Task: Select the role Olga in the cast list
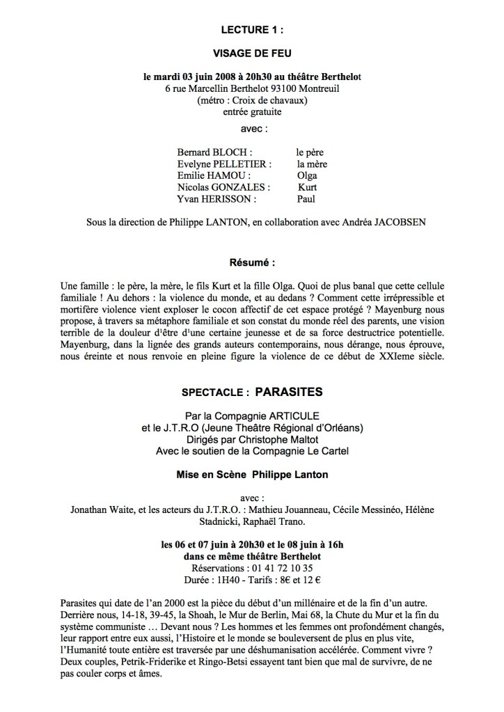[x=307, y=175]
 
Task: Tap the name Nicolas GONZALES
[x=223, y=187]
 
